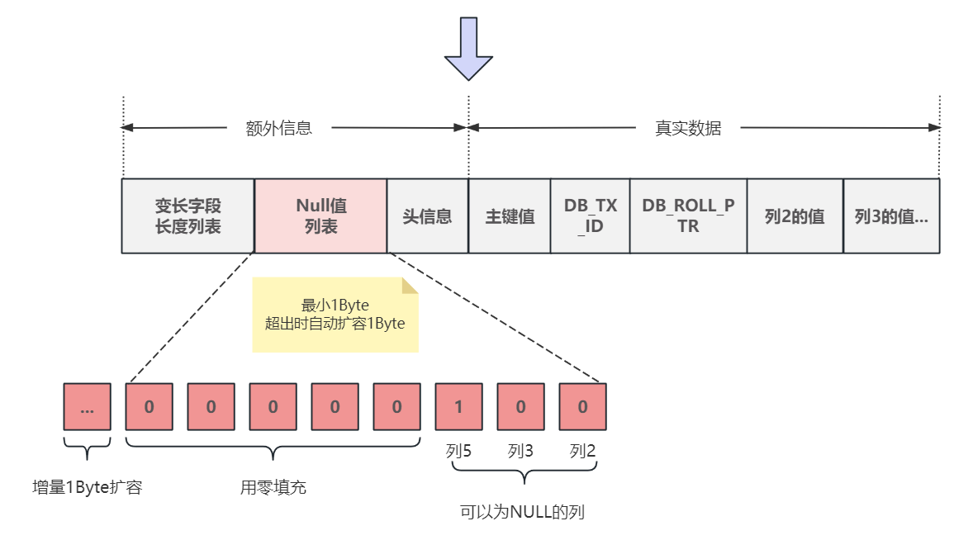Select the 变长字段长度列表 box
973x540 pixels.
[187, 216]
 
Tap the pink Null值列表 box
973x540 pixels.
[320, 216]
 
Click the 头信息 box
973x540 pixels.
[427, 216]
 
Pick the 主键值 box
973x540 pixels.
[510, 216]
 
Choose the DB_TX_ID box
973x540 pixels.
[590, 216]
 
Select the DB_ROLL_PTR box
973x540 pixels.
[688, 216]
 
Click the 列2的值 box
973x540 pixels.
[795, 216]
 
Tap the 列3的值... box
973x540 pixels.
[891, 216]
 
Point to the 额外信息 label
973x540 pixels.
[279, 128]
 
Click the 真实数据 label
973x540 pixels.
[688, 128]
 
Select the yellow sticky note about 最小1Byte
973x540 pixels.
[335, 315]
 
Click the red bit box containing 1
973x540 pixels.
[458, 406]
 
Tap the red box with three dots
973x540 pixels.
[87, 406]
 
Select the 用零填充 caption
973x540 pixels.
[273, 488]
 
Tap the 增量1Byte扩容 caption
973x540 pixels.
[87, 488]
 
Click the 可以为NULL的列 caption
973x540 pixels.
[522, 512]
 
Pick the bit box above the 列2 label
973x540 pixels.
[582, 406]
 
